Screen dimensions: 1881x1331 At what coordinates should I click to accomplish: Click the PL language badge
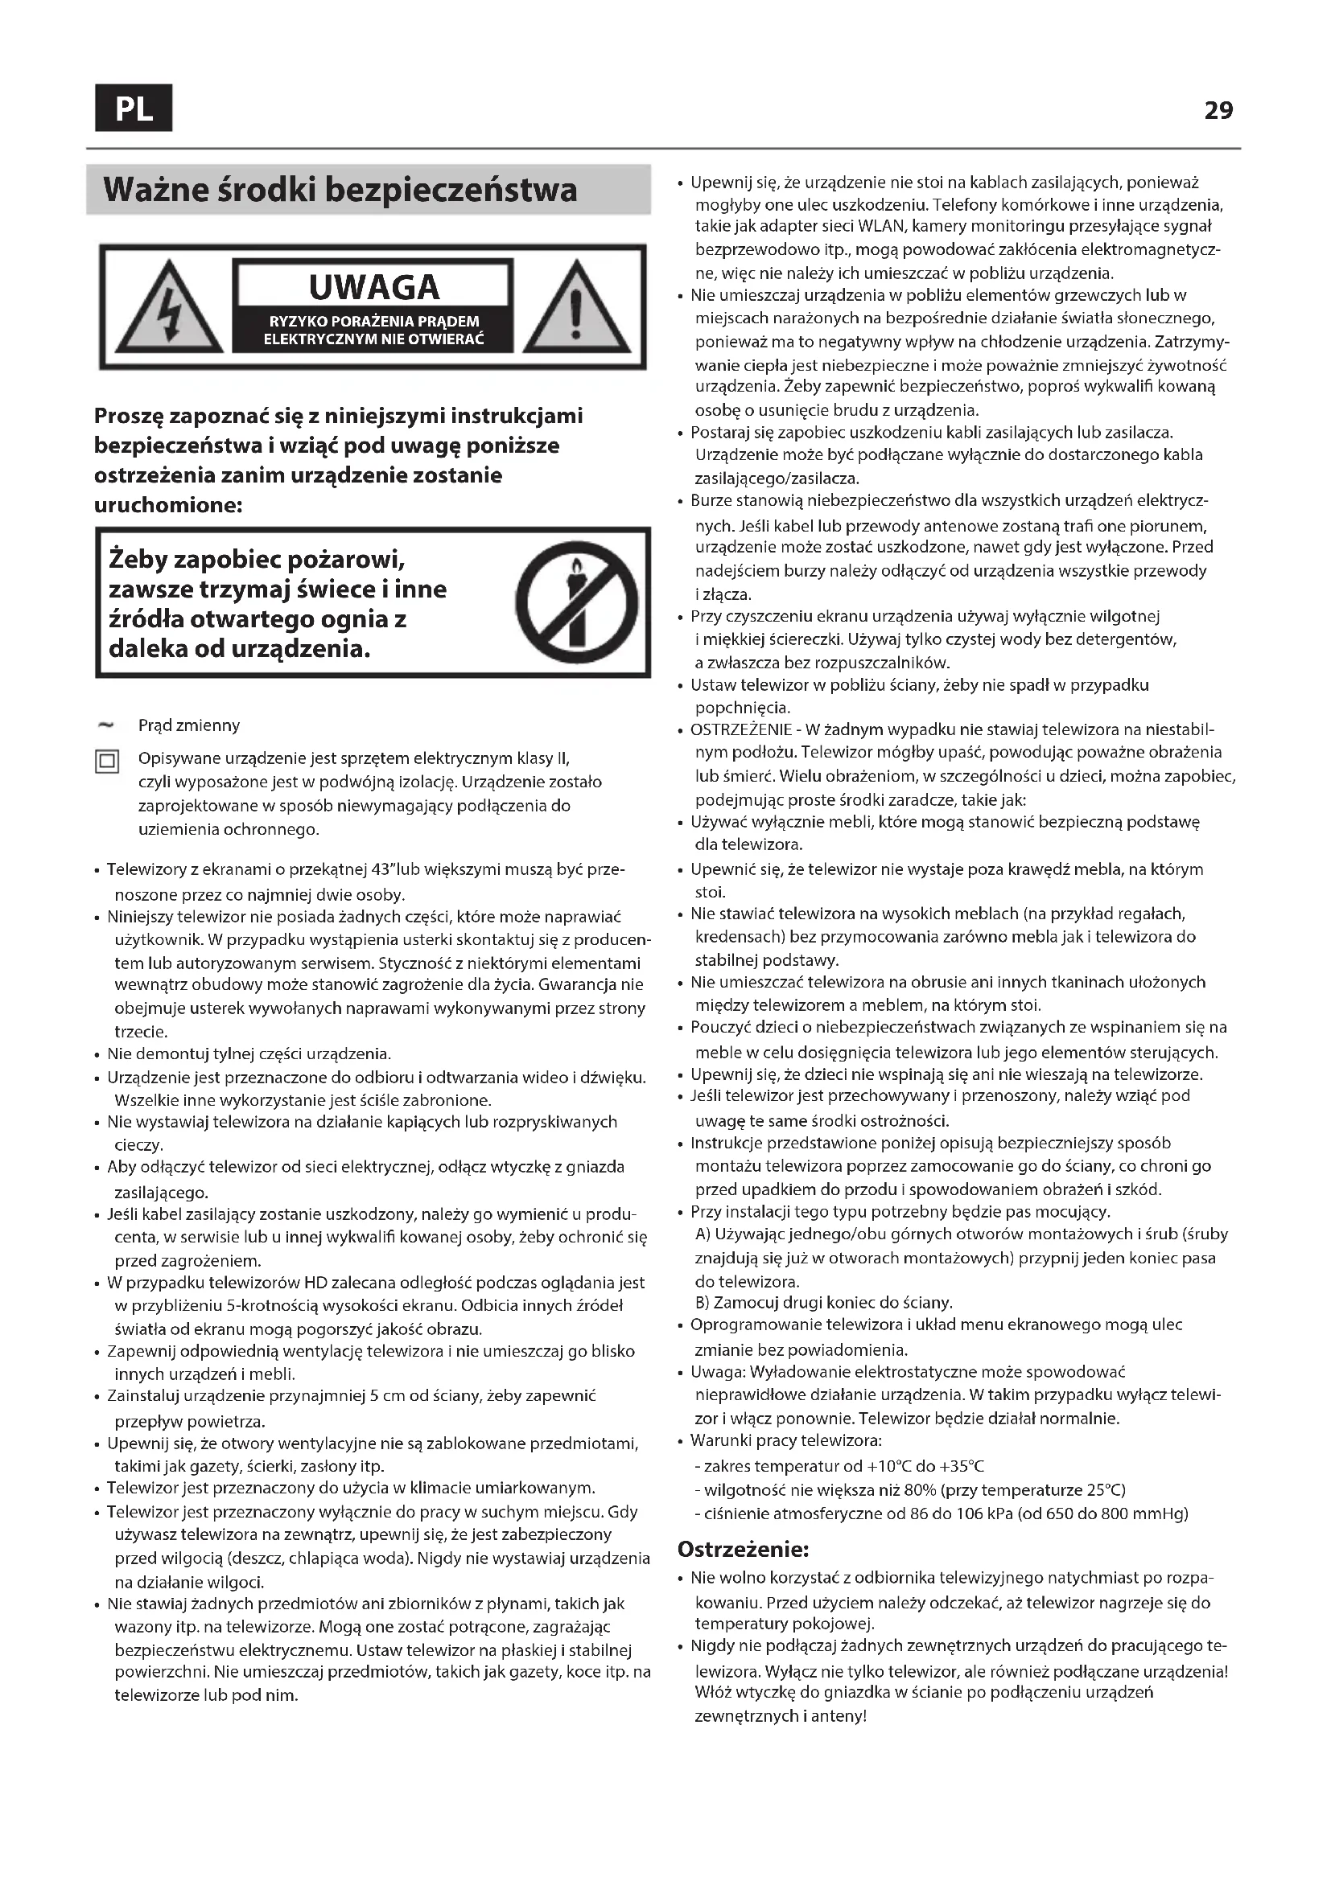(134, 108)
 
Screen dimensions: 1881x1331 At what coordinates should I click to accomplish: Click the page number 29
(1218, 111)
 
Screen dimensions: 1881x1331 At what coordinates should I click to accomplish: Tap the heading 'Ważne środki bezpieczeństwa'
(340, 190)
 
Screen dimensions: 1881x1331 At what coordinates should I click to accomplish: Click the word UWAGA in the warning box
(373, 288)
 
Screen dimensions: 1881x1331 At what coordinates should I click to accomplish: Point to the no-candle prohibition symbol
(576, 602)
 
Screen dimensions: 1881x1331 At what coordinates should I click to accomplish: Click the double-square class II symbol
(107, 761)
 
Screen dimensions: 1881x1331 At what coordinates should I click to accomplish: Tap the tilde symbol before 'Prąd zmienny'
(105, 725)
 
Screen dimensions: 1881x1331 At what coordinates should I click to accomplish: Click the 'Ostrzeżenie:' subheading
(744, 1548)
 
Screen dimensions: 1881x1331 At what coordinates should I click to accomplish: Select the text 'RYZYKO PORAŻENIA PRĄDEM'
(373, 322)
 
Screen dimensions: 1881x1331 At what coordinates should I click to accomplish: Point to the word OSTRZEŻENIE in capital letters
(741, 729)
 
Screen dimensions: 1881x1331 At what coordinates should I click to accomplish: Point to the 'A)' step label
(703, 1234)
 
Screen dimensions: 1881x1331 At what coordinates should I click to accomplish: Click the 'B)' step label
(703, 1303)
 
